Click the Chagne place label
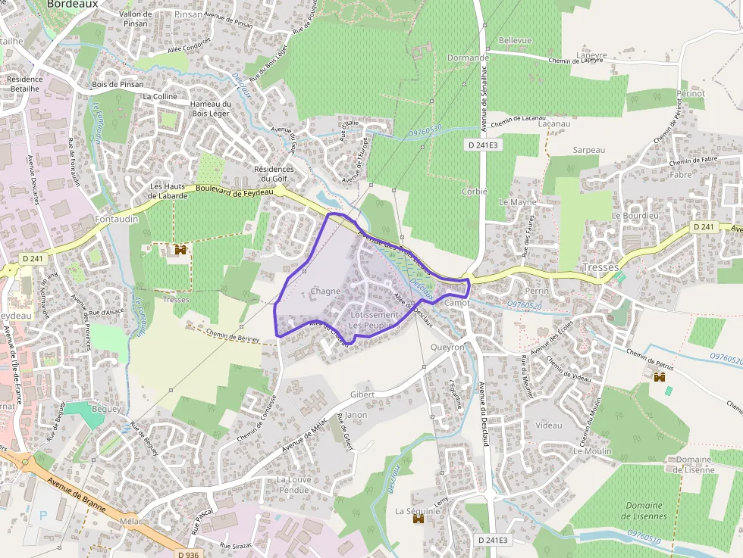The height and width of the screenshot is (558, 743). [325, 291]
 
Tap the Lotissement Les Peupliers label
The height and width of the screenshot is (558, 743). [373, 320]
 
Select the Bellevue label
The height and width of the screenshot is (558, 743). [516, 40]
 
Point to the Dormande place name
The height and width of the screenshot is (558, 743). [468, 58]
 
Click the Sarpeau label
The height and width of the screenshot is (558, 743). [589, 150]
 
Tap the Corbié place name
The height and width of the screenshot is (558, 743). [475, 192]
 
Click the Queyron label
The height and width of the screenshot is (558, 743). [447, 348]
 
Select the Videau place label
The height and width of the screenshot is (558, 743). [549, 426]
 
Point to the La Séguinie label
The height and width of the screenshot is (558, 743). [418, 511]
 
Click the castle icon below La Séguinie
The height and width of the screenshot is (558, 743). [418, 520]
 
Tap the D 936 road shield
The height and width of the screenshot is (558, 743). [187, 553]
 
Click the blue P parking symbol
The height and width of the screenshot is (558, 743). [42, 515]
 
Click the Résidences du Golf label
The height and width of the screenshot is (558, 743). [274, 173]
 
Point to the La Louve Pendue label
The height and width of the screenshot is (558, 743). [293, 485]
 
